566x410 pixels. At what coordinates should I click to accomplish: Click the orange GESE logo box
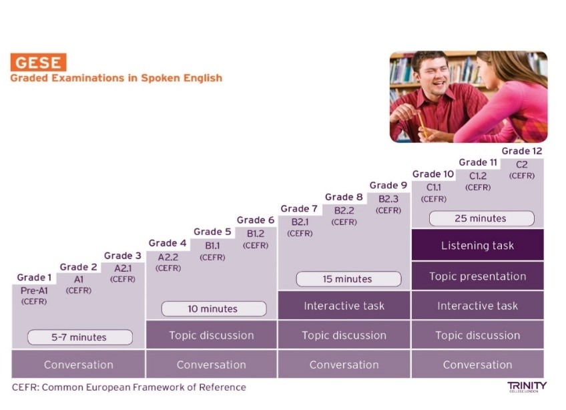(38, 62)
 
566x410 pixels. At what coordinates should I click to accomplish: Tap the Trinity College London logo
(527, 387)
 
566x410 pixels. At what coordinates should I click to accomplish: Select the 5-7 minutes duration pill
(80, 337)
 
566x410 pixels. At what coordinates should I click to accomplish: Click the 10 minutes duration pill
(214, 309)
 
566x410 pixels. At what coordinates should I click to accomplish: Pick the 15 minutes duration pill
(348, 279)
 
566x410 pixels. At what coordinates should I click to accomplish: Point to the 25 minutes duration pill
(481, 218)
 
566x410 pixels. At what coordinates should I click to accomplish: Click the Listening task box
(478, 245)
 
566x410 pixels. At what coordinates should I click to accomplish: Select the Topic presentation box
(478, 276)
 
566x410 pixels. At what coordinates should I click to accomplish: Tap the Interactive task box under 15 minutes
(344, 306)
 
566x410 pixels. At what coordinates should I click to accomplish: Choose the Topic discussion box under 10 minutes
(211, 335)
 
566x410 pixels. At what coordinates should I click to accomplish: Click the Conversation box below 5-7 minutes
(78, 364)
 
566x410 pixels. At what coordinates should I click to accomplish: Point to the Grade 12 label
(521, 151)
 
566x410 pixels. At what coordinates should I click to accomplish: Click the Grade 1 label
(34, 277)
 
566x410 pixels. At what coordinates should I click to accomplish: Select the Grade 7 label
(299, 209)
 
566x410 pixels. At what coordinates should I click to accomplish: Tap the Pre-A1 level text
(34, 290)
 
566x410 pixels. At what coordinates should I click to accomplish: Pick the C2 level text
(521, 165)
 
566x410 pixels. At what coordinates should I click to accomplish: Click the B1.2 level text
(256, 234)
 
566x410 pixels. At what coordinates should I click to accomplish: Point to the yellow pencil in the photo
(422, 125)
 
